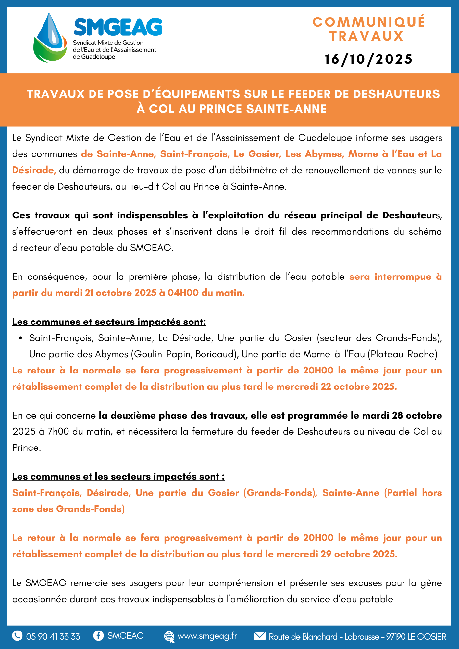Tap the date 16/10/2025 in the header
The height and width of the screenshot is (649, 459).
pyautogui.click(x=368, y=59)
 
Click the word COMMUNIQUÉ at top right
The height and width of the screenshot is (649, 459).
pyautogui.click(x=369, y=22)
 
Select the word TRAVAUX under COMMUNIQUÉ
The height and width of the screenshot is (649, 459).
pyautogui.click(x=366, y=36)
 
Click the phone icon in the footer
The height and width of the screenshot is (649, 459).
pyautogui.click(x=17, y=635)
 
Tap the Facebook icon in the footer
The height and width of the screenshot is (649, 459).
pyautogui.click(x=98, y=635)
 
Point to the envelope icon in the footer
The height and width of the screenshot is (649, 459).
pyautogui.click(x=260, y=636)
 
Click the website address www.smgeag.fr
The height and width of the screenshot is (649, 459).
pyautogui.click(x=207, y=636)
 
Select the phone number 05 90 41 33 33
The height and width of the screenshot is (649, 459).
pyautogui.click(x=53, y=636)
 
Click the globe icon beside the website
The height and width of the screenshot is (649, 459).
pyautogui.click(x=169, y=636)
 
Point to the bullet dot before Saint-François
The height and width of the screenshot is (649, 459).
pyautogui.click(x=21, y=338)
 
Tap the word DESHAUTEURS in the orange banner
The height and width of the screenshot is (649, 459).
pyautogui.click(x=396, y=94)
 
